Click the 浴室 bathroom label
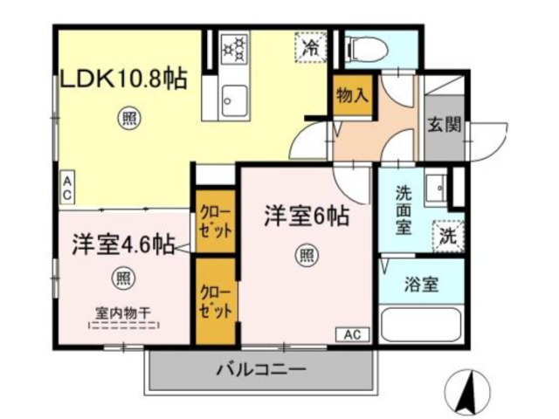421,284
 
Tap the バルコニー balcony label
261,370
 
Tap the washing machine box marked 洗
447,235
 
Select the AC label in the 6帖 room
352,333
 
